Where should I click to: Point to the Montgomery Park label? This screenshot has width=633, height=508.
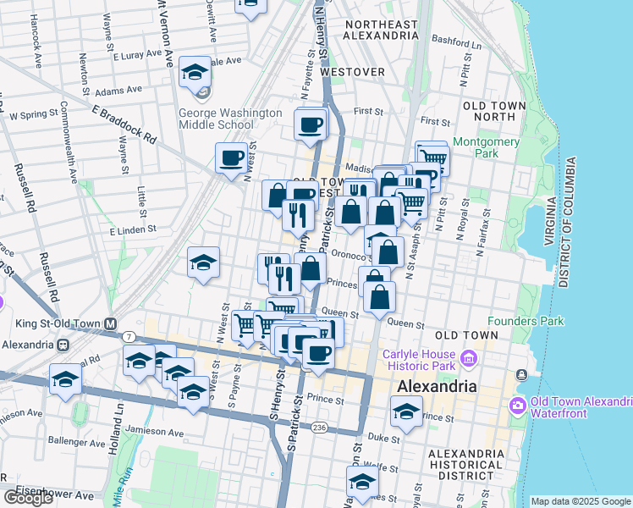coord(486,148)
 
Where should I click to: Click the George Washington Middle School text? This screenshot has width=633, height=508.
coord(229,119)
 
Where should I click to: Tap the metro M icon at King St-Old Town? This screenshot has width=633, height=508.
coord(109,323)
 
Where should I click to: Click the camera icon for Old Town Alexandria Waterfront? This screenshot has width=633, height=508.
coord(517,405)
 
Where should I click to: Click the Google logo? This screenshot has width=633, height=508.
coord(28,498)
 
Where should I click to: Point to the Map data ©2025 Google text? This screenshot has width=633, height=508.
coord(580,501)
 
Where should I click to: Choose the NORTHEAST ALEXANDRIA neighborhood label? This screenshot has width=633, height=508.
coord(381,30)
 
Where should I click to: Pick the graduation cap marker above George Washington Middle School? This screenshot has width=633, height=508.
coord(195,72)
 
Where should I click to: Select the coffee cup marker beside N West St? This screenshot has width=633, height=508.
coord(231,157)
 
